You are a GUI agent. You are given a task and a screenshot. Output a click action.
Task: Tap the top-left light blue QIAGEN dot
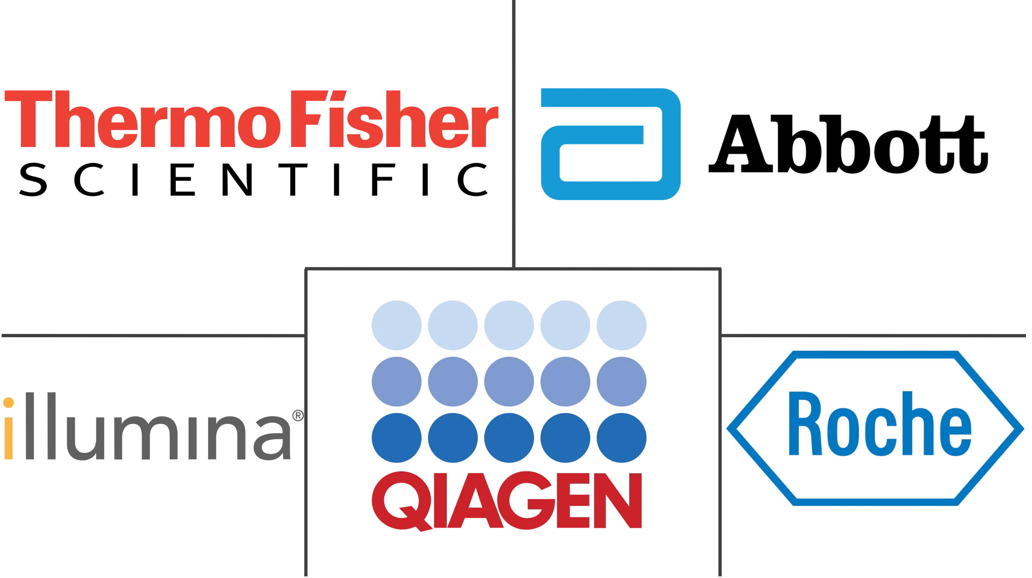pos(396,325)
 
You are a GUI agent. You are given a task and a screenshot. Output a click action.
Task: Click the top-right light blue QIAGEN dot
pos(622,325)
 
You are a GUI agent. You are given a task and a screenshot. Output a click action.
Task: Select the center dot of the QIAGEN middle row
pos(510,381)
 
